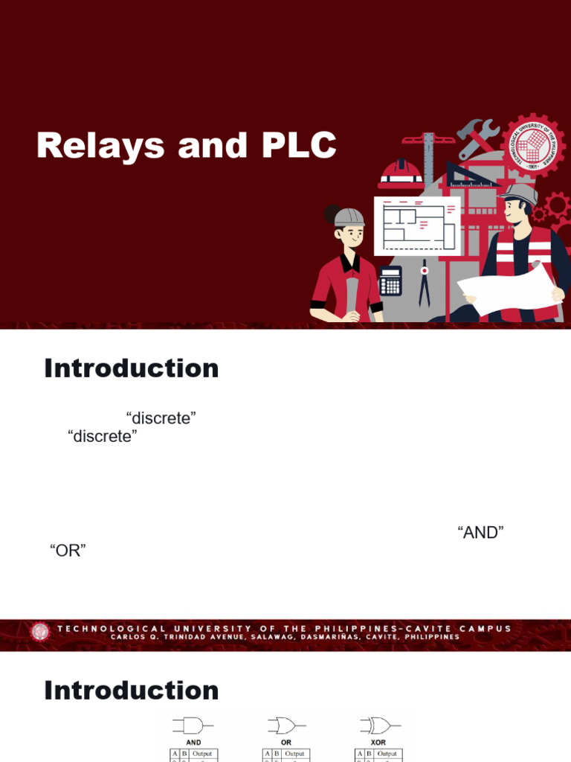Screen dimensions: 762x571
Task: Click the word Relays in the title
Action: pyautogui.click(x=100, y=146)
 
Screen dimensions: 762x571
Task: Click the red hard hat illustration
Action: pyautogui.click(x=401, y=173)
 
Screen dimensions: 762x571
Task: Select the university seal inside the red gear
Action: pyautogui.click(x=532, y=146)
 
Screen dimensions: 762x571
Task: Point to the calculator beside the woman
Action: pyautogui.click(x=390, y=281)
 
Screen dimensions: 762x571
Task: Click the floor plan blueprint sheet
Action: pyautogui.click(x=416, y=225)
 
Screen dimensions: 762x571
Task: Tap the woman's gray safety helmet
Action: pyautogui.click(x=348, y=217)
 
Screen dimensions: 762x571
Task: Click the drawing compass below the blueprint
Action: pyautogui.click(x=425, y=283)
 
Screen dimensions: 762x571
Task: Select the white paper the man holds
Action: pyautogui.click(x=509, y=286)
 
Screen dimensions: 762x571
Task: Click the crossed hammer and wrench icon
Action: pyautogui.click(x=476, y=138)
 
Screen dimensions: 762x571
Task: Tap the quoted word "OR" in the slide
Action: pyautogui.click(x=68, y=551)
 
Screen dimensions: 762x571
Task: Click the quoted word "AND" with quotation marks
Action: pyautogui.click(x=481, y=532)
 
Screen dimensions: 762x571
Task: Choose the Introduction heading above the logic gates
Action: pyautogui.click(x=132, y=690)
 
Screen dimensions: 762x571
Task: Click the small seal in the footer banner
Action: pyautogui.click(x=40, y=633)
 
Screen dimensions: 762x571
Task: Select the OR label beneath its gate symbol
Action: pyautogui.click(x=286, y=743)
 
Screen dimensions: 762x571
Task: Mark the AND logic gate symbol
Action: pyautogui.click(x=192, y=725)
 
